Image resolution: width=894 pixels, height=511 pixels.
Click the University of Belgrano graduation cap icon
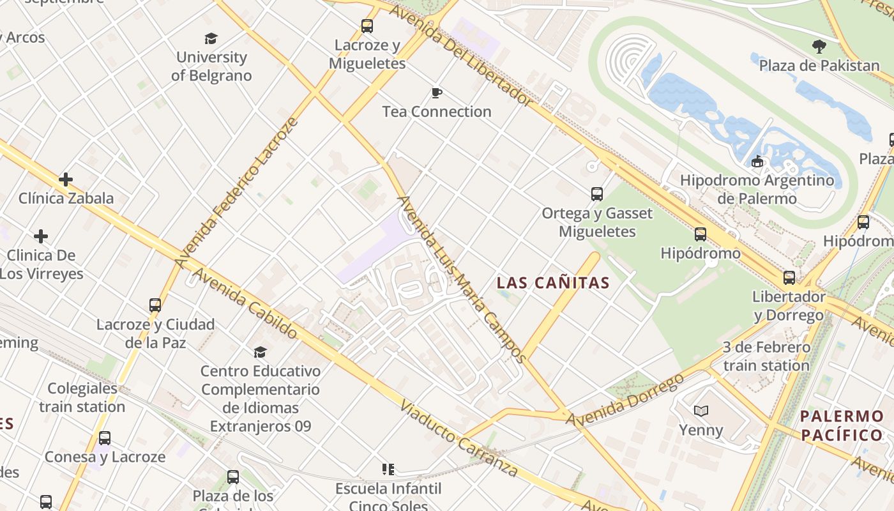point(211,38)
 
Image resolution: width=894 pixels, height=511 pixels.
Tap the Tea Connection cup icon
point(437,93)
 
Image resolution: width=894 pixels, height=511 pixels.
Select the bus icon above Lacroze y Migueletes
point(367,26)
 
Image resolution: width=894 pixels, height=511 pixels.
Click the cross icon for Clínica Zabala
point(65,179)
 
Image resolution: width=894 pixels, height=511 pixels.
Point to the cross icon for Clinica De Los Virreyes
point(41,237)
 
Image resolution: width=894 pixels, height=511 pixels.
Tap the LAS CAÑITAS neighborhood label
point(553,282)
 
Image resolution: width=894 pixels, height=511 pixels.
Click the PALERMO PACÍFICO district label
point(841,426)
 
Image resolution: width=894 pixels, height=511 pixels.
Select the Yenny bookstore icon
point(701,411)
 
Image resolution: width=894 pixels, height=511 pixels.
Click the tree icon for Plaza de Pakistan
point(819,46)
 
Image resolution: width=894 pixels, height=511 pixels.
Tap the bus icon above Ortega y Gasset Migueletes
point(597,194)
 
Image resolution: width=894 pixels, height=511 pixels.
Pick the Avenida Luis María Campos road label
point(461,278)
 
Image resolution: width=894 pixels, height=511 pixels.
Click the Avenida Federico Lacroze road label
point(237,192)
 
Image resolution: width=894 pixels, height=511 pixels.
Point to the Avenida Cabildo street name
point(245,303)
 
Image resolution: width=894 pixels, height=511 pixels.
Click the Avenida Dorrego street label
point(625,400)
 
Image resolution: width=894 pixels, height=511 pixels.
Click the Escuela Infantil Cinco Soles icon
point(388,469)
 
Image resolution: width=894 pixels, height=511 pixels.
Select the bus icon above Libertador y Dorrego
point(789,278)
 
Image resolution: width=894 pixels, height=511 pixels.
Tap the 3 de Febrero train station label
point(766,356)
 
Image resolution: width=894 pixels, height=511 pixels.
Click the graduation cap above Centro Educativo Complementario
point(260,352)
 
